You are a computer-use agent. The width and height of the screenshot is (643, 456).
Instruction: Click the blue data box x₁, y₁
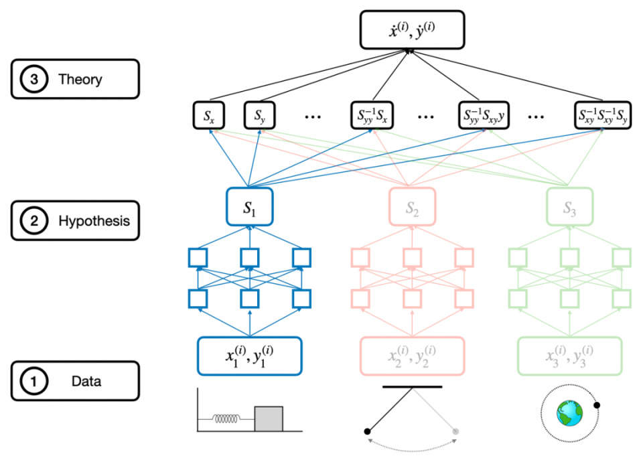click(x=249, y=356)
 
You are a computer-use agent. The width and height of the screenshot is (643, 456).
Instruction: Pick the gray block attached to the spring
click(x=268, y=418)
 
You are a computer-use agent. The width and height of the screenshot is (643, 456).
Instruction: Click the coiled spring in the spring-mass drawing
click(x=227, y=419)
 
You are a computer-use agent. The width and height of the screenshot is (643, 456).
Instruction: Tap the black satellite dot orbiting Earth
click(x=597, y=404)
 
